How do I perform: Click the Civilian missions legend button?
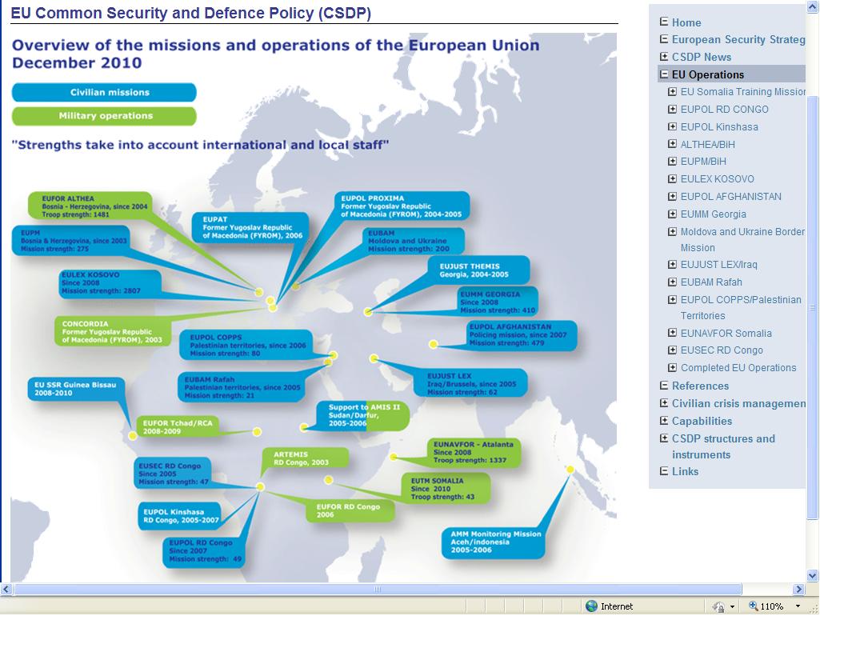point(104,93)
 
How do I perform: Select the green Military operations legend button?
point(104,116)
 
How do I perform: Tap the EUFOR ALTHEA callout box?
point(88,206)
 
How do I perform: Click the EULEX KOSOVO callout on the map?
point(110,283)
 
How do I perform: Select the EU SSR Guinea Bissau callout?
point(75,389)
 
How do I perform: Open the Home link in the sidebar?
point(686,22)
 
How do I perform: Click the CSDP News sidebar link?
point(701,57)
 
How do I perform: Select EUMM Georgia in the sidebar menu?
point(713,214)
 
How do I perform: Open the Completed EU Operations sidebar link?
point(738,368)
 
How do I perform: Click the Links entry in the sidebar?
point(685,471)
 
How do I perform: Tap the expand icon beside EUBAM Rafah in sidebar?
point(673,282)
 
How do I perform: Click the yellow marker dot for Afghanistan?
point(433,344)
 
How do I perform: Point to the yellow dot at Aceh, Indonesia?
point(571,470)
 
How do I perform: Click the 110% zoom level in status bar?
point(771,606)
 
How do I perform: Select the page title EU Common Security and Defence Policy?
point(190,14)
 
